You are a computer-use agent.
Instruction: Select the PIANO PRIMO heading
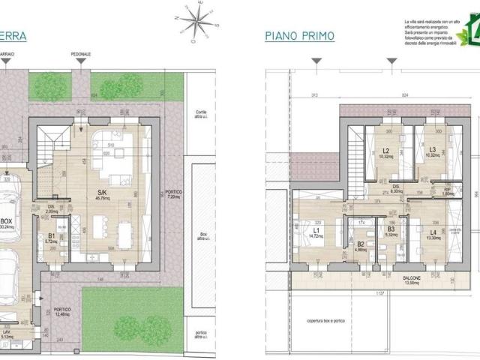tap(299, 36)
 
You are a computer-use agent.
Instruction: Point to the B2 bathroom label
tap(360, 247)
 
